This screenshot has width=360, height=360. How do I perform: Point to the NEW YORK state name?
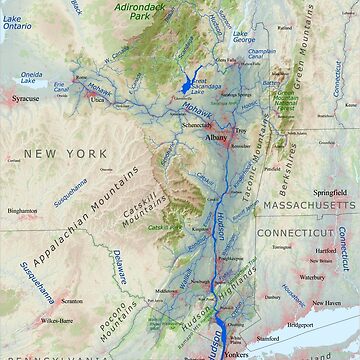[x=69, y=153]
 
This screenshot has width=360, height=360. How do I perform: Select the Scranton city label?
[x=73, y=299]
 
